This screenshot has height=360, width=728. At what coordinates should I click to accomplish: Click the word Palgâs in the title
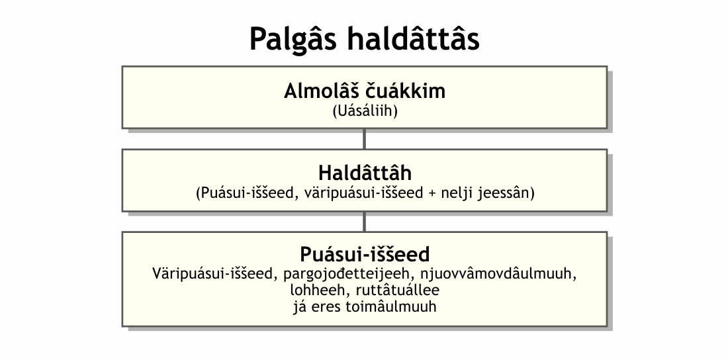(x=293, y=40)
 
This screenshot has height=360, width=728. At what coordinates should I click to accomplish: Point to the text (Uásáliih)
(x=364, y=111)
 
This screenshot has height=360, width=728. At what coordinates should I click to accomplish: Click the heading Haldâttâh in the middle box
(x=365, y=173)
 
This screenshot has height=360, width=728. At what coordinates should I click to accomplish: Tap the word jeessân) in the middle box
(x=509, y=194)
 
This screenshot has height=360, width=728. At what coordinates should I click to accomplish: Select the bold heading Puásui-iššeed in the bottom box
(x=365, y=254)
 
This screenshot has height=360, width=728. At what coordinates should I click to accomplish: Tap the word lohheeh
(x=311, y=291)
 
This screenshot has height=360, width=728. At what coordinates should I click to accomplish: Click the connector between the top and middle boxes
(x=364, y=138)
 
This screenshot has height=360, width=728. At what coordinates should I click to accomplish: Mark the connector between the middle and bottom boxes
(x=364, y=221)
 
